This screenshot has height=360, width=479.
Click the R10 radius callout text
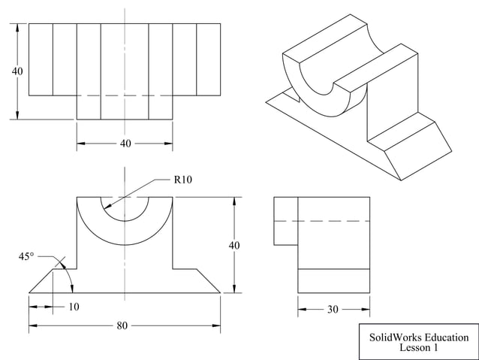coord(184,180)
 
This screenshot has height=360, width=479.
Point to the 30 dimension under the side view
coord(333,308)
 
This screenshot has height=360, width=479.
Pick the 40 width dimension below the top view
coord(125,143)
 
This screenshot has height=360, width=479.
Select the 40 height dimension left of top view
coord(17,71)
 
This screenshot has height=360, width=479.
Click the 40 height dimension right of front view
coord(235,245)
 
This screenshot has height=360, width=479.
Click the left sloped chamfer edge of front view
coord(41,280)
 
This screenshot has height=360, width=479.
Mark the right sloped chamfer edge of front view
coord(208,280)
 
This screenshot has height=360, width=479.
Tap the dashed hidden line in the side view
coord(323,221)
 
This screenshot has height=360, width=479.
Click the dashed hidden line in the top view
coord(125,95)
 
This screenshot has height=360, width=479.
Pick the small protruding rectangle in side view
coord(285,221)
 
